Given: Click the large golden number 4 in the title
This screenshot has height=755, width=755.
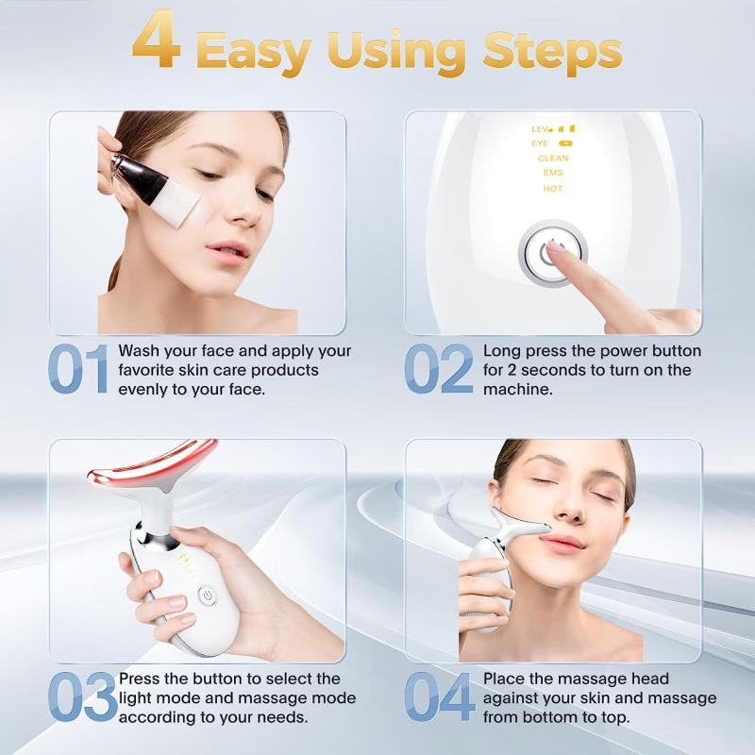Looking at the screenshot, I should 158,42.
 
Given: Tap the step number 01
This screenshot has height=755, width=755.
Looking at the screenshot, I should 79,370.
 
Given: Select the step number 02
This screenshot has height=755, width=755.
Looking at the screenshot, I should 439,370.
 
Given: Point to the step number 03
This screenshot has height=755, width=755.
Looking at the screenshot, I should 81,698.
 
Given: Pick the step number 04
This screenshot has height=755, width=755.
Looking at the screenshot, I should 440,698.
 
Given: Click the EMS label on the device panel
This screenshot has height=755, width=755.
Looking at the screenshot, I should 553,174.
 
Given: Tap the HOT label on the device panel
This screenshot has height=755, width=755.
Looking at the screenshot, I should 553,189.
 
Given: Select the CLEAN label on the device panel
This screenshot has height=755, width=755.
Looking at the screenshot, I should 553,159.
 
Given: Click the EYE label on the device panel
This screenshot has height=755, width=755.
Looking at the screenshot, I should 541,143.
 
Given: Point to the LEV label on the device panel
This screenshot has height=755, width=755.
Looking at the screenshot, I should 541,128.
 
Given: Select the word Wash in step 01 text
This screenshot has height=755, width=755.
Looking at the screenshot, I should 139,351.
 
